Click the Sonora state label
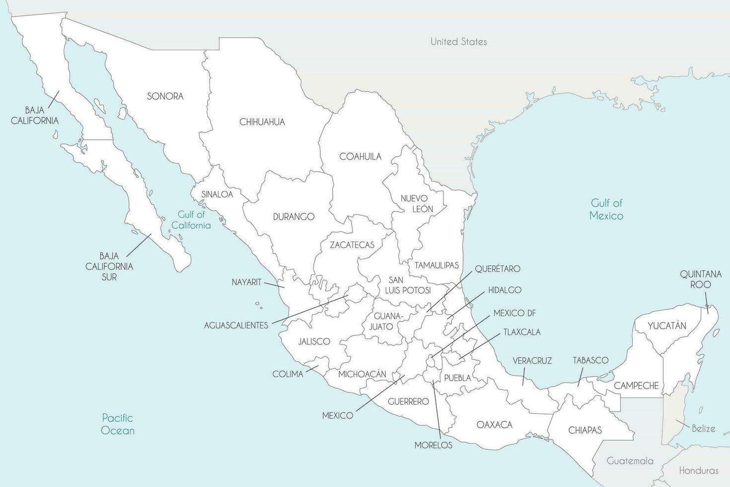coord(165,96)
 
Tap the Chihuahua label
coord(262,122)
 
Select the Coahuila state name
coord(360,157)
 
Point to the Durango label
coord(293,217)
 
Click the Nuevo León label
coord(417,204)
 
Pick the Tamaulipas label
coord(437,265)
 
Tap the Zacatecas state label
coord(352,245)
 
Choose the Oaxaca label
coord(494,425)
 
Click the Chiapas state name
coord(584,430)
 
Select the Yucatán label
coord(666,326)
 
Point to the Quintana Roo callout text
coord(701,279)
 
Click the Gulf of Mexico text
coord(606,209)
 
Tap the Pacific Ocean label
coord(118,424)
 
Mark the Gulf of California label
coord(191,220)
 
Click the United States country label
coord(458,42)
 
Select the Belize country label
coord(703,428)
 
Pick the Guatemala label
coord(630,461)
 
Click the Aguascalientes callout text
coord(236,325)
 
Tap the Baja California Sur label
coord(109,266)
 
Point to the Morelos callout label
coord(433,445)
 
